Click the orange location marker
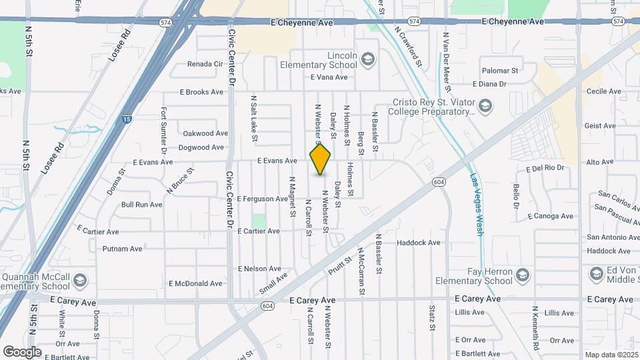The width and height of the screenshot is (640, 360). (321, 159)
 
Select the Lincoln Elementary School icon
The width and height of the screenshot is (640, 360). (367, 60)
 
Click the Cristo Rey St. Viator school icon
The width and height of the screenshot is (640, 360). (486, 107)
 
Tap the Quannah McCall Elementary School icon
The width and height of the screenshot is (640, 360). (81, 280)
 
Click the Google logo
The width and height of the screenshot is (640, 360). (22, 351)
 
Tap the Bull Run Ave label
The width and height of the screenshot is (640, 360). (141, 205)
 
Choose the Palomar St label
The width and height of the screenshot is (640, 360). (500, 70)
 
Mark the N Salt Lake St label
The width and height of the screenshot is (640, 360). (254, 119)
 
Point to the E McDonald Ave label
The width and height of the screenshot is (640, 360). (195, 283)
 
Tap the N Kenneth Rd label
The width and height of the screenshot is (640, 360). (535, 328)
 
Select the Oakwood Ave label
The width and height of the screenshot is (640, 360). (205, 133)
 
